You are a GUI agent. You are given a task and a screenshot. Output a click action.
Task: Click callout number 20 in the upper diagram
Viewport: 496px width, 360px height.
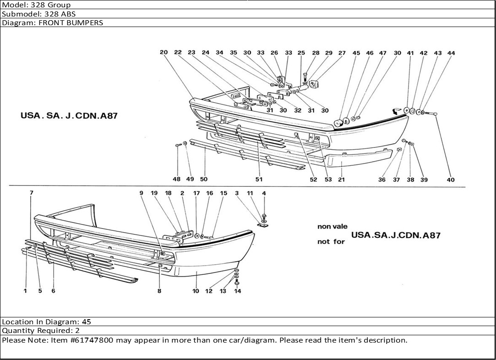click(x=164, y=53)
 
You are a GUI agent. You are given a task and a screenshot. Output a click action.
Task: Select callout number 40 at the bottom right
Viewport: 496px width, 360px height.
click(x=451, y=180)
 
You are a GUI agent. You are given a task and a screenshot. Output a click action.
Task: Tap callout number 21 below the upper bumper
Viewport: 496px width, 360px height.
click(x=341, y=180)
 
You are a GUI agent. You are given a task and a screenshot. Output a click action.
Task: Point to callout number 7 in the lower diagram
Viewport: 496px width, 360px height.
click(x=32, y=193)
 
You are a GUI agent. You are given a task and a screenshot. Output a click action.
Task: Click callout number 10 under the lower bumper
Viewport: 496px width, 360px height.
click(x=196, y=291)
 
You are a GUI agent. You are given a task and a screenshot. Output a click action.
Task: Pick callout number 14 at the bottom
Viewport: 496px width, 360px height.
click(x=237, y=291)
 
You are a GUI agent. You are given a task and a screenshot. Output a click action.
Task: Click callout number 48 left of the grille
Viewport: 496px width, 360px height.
click(x=177, y=180)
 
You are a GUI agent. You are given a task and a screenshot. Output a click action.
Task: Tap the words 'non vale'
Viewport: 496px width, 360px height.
click(x=332, y=226)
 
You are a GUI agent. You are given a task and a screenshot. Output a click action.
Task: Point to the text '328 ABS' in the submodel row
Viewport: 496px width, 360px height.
click(x=60, y=14)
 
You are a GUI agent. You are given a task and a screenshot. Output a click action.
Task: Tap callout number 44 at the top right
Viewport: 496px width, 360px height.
click(x=451, y=53)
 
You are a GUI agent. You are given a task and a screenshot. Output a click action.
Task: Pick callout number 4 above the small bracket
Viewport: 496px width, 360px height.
click(x=264, y=193)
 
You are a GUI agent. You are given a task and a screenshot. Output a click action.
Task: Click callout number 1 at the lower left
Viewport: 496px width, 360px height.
click(x=26, y=291)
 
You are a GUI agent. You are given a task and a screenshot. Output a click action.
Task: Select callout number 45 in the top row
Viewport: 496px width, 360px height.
click(x=356, y=53)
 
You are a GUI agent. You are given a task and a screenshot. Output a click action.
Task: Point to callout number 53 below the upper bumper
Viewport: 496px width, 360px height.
click(x=328, y=180)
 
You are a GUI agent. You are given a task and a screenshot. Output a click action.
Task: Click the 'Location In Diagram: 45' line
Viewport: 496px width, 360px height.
click(x=47, y=322)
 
